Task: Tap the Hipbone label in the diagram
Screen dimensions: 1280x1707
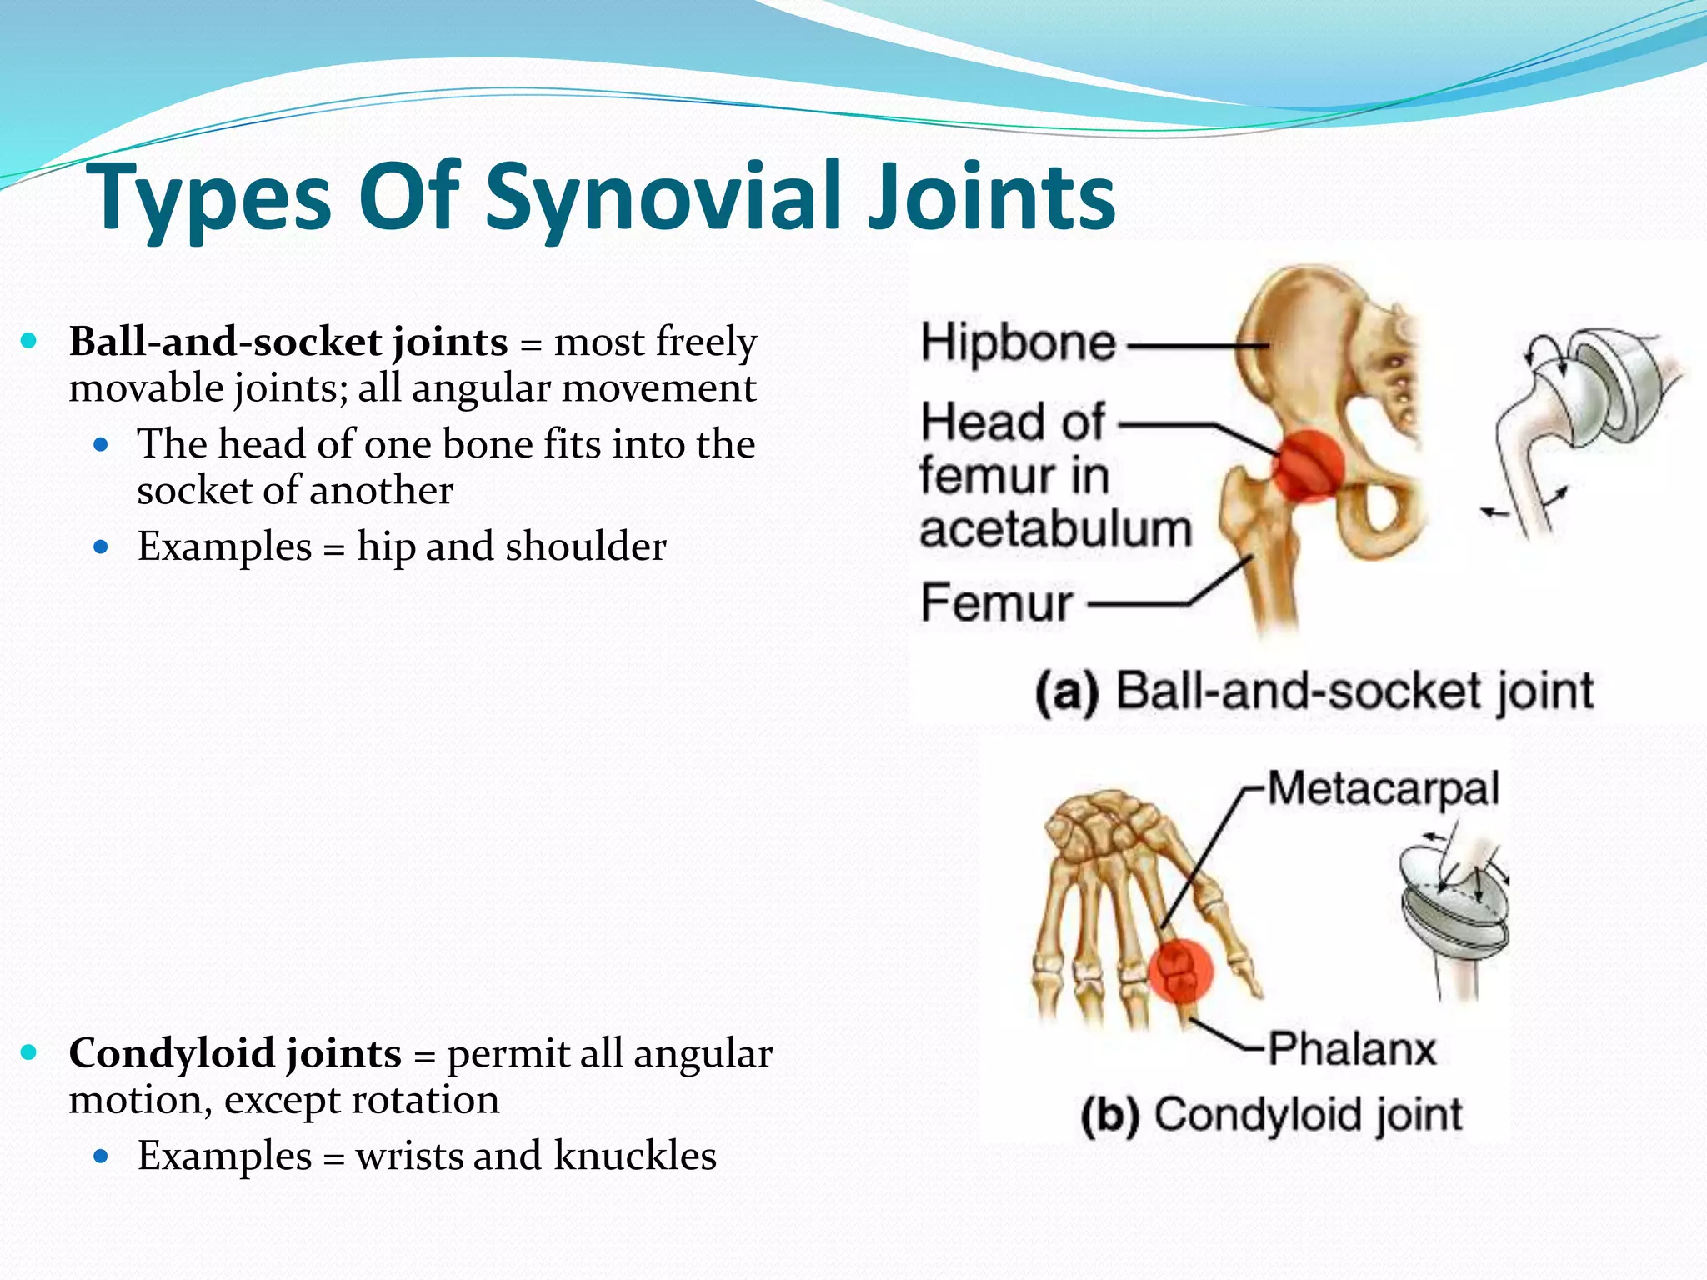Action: pyautogui.click(x=1018, y=343)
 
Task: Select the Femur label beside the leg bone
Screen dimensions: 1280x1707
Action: pyautogui.click(x=997, y=602)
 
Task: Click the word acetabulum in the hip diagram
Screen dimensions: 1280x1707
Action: pyautogui.click(x=1055, y=529)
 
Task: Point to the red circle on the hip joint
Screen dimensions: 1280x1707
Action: pyautogui.click(x=1309, y=467)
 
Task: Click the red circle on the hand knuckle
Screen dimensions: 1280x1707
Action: pyautogui.click(x=1181, y=972)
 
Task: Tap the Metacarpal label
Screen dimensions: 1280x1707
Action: pyautogui.click(x=1383, y=788)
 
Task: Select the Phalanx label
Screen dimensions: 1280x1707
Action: pyautogui.click(x=1352, y=1048)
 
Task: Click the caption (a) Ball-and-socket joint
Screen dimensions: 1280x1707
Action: pyautogui.click(x=1314, y=692)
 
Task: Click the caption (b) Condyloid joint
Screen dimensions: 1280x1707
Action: pyautogui.click(x=1271, y=1115)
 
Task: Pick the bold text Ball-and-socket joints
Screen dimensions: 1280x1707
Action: pyautogui.click(x=288, y=342)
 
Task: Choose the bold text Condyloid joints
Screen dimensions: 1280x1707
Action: pyautogui.click(x=235, y=1053)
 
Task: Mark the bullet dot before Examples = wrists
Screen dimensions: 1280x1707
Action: pyautogui.click(x=102, y=1156)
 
